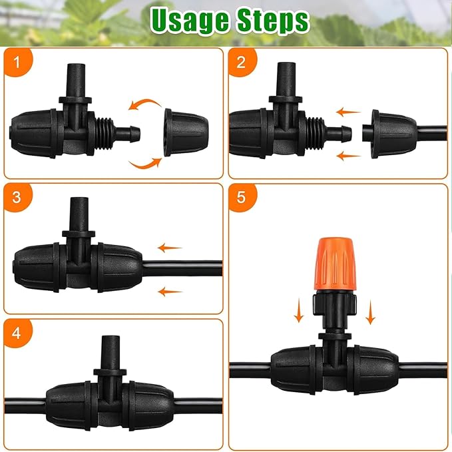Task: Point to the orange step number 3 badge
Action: (x=17, y=198)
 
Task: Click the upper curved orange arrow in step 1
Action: (x=145, y=105)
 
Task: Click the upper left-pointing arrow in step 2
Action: (x=347, y=113)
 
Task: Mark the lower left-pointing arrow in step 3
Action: (x=170, y=291)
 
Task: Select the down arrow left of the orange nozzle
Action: (x=300, y=311)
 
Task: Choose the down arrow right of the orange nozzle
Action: (x=371, y=311)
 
